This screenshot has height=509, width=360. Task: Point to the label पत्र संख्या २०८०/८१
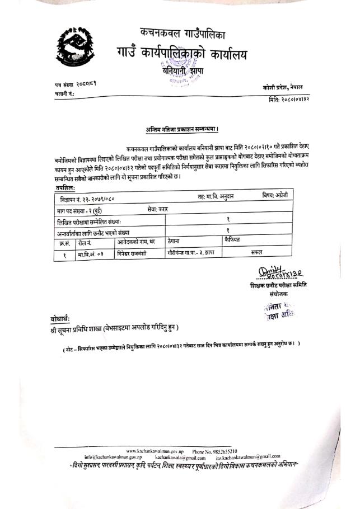(78, 84)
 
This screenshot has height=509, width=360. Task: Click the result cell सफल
(257, 252)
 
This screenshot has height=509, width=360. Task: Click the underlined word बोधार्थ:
(60, 319)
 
